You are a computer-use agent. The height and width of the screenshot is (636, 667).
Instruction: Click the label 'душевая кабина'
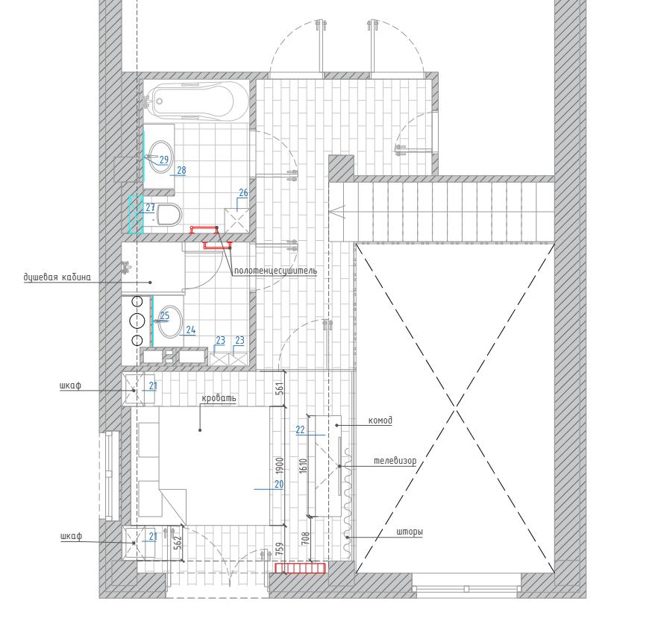click(x=57, y=277)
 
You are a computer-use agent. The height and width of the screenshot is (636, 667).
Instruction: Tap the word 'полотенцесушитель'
click(x=275, y=271)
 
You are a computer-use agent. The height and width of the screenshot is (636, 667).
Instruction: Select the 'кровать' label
click(x=219, y=398)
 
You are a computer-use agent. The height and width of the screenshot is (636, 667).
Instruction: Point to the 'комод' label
click(x=380, y=421)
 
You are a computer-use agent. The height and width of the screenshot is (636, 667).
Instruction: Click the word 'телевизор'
click(x=395, y=461)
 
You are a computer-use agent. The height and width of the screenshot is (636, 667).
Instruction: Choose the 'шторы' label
click(x=410, y=532)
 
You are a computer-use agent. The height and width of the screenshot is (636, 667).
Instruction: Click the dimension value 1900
click(x=280, y=465)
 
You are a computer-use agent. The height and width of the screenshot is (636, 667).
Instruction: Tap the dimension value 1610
click(x=303, y=465)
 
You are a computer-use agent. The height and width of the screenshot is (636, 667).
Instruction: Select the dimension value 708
click(x=305, y=538)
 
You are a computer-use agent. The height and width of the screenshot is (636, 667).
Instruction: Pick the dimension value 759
click(x=280, y=550)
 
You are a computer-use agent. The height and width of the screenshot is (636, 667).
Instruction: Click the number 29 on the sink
click(x=164, y=160)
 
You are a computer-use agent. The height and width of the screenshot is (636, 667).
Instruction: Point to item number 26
click(x=243, y=192)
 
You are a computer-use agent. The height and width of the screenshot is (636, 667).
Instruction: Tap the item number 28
click(x=181, y=170)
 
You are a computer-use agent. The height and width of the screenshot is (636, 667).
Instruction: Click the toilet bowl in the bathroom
click(x=169, y=215)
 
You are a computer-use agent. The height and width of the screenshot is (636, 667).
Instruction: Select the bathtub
click(x=195, y=101)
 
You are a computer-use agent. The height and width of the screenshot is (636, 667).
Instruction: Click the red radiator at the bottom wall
click(x=301, y=568)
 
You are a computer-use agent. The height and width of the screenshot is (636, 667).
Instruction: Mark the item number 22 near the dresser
click(x=301, y=429)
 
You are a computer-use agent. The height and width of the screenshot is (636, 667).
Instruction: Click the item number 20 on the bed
click(x=279, y=484)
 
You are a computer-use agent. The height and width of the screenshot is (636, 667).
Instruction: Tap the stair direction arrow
click(x=337, y=212)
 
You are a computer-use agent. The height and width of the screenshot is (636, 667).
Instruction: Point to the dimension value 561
click(x=280, y=388)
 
